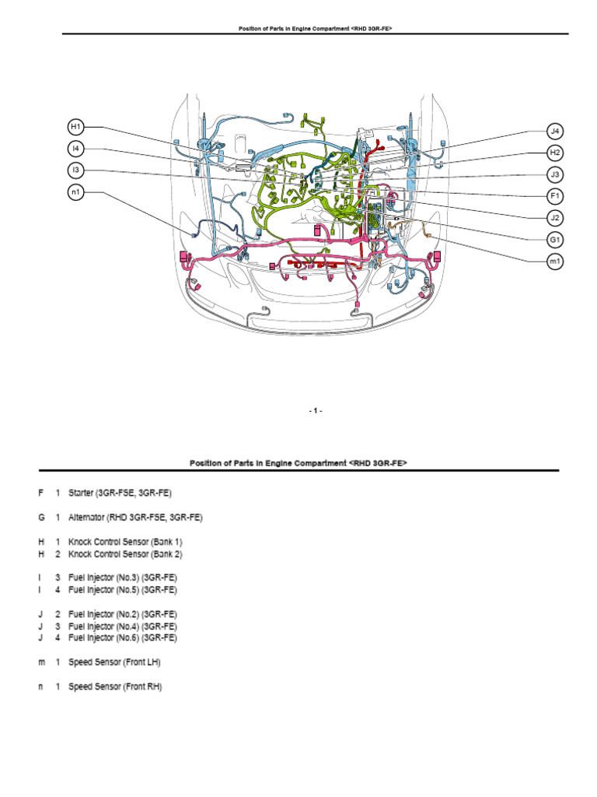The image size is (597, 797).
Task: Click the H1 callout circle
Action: [75, 127]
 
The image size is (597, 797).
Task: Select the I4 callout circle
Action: [75, 149]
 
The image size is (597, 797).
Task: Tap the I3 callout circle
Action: [75, 170]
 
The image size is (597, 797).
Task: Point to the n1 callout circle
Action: [75, 193]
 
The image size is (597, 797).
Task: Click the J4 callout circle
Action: [555, 130]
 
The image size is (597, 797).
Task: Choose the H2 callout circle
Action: [555, 152]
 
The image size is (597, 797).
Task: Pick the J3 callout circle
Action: [555, 174]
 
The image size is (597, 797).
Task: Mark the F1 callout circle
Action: [555, 195]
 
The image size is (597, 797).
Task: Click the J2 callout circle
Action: [555, 218]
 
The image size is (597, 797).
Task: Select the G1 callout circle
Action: [555, 240]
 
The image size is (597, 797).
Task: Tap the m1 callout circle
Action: [555, 262]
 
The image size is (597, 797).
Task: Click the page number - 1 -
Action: [314, 410]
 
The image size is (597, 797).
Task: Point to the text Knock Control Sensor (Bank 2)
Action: [125, 553]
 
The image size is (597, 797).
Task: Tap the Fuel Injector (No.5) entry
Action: [122, 590]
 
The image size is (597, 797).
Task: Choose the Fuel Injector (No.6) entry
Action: [122, 638]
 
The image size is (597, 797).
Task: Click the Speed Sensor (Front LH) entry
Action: [115, 662]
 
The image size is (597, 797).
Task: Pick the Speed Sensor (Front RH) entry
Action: [116, 687]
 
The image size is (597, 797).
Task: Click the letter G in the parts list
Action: [42, 517]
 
